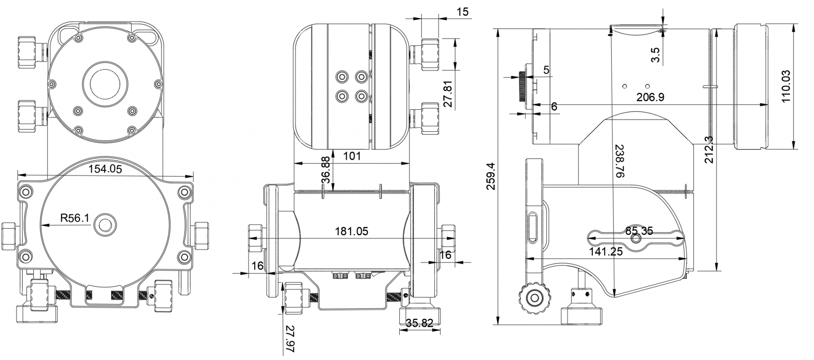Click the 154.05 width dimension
(105, 169)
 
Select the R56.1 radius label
(75, 219)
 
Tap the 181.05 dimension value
(352, 231)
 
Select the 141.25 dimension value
(606, 252)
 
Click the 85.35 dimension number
(639, 231)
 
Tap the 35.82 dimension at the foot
(420, 323)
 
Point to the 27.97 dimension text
(288, 338)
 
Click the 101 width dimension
(352, 156)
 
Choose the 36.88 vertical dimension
(326, 170)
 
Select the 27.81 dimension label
(448, 94)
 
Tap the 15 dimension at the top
(462, 12)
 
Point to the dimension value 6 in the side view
(554, 106)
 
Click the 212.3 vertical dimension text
(710, 149)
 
